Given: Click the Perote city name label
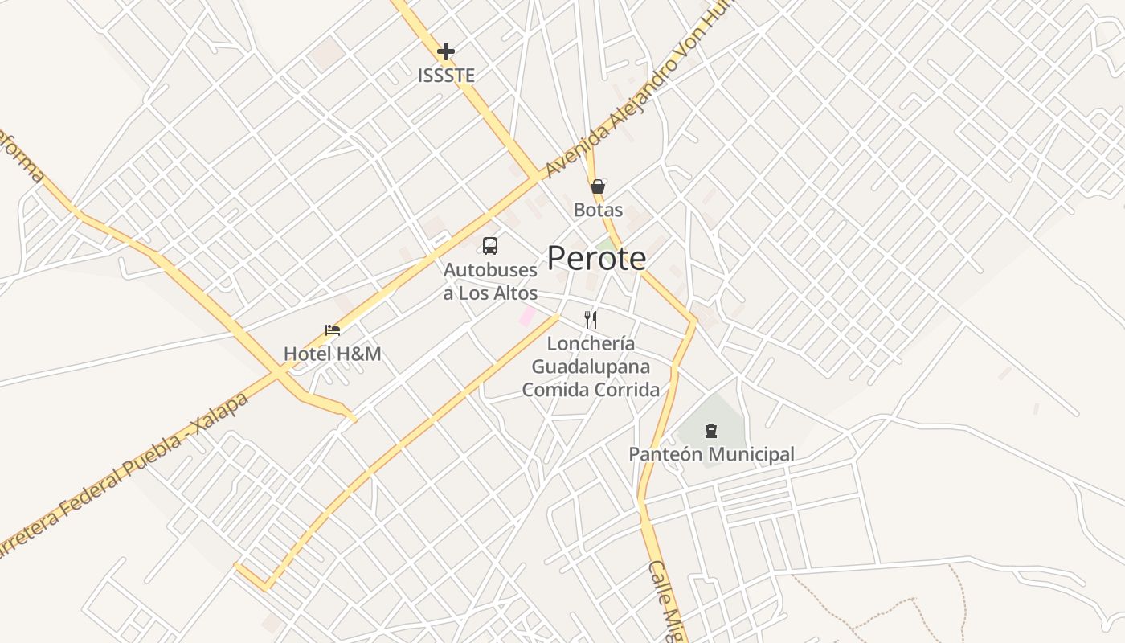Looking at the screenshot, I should [x=596, y=258].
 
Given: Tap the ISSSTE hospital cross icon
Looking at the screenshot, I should [x=446, y=51].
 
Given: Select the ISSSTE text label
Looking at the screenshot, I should [x=446, y=76].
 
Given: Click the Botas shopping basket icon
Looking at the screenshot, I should [x=598, y=186].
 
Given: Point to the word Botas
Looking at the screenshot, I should [x=598, y=210].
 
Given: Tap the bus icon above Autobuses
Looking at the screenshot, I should [x=490, y=246].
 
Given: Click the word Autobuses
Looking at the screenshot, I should [x=490, y=270].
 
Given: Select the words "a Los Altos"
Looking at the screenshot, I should [x=490, y=293].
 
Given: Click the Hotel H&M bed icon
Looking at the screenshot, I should [x=333, y=330].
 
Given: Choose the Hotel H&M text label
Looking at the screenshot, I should [x=333, y=353].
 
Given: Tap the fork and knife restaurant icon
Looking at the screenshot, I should [x=591, y=320].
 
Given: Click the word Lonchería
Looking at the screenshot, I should [x=591, y=344].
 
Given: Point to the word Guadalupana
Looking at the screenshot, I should [x=591, y=367].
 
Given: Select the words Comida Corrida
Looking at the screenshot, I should [x=591, y=390].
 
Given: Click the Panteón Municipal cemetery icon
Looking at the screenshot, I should [x=711, y=431].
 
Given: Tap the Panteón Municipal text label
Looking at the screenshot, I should [x=711, y=454].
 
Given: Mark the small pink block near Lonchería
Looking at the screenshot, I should [x=527, y=316].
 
